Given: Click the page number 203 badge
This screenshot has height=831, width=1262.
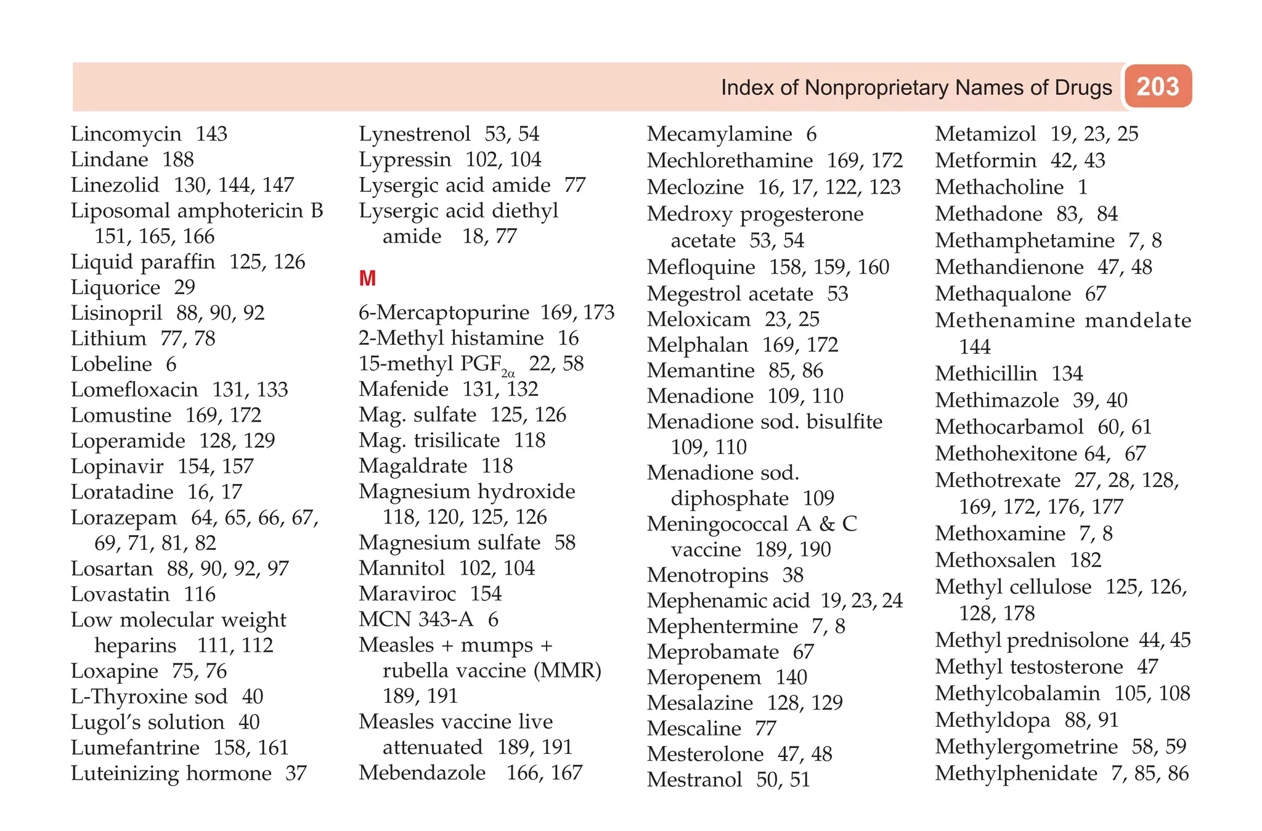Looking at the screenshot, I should (x=1158, y=86).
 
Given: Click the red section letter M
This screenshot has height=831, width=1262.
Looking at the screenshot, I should (x=367, y=279).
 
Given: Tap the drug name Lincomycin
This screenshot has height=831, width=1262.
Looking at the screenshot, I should (x=126, y=134).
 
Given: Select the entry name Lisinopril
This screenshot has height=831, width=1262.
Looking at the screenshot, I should (x=116, y=313).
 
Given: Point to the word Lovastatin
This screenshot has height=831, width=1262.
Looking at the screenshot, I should (x=120, y=594).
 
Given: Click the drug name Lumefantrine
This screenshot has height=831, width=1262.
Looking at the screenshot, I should (x=135, y=747).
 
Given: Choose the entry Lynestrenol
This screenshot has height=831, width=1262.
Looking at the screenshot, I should (x=415, y=134).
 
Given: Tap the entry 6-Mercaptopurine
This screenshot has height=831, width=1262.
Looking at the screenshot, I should (x=444, y=313).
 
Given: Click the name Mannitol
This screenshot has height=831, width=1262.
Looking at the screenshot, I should (x=402, y=568).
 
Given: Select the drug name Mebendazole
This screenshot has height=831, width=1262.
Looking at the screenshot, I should (x=422, y=772).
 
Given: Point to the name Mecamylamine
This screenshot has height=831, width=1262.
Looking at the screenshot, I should (x=720, y=134).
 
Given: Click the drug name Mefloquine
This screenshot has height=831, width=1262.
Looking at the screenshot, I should (x=701, y=267).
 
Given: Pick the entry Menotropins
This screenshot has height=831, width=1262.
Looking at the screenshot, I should (x=708, y=575).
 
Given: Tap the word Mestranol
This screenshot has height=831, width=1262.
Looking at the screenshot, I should (x=694, y=779).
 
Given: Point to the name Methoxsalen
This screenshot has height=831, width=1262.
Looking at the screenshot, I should (x=995, y=560).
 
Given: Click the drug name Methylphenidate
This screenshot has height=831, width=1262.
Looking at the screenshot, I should (x=1016, y=773).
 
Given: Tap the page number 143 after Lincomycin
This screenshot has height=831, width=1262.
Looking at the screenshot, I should (x=211, y=134).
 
